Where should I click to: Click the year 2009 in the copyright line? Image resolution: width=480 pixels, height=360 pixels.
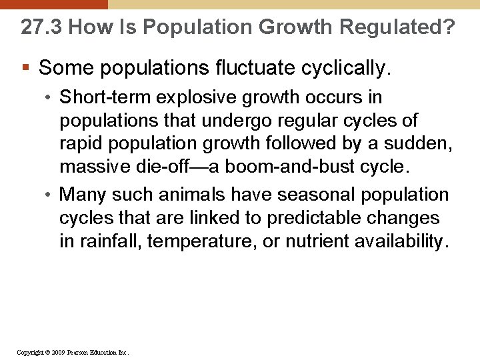click(56, 352)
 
